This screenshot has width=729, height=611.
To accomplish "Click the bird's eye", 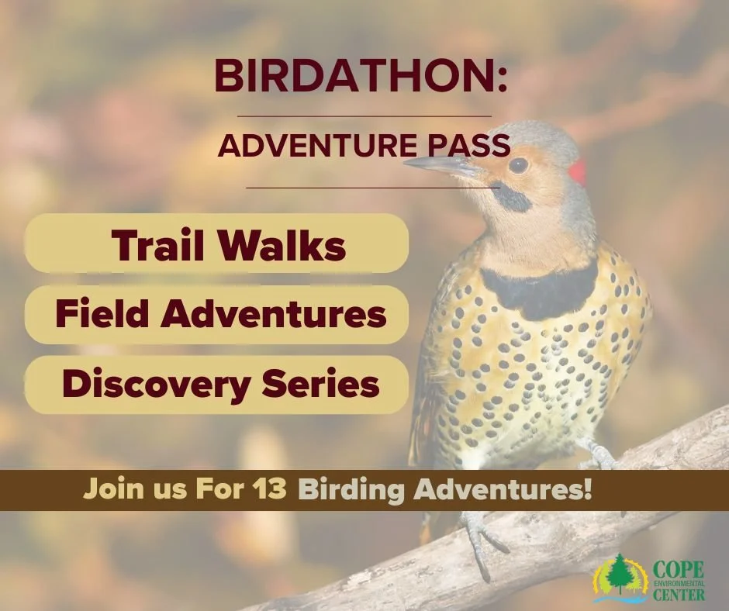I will (x=518, y=164).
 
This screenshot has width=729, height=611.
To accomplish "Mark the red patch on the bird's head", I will (x=575, y=171).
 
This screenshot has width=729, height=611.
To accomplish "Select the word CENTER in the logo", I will (x=679, y=595).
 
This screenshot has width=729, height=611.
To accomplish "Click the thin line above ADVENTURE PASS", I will (x=364, y=116).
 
